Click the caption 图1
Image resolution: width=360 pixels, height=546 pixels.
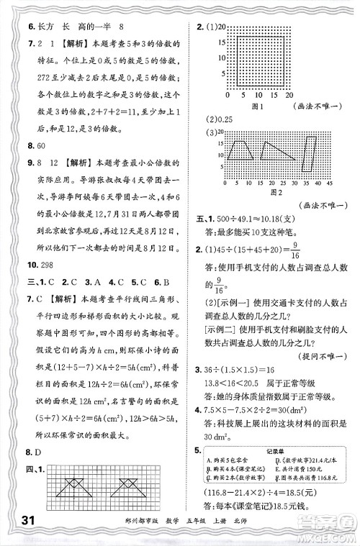[253, 106]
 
